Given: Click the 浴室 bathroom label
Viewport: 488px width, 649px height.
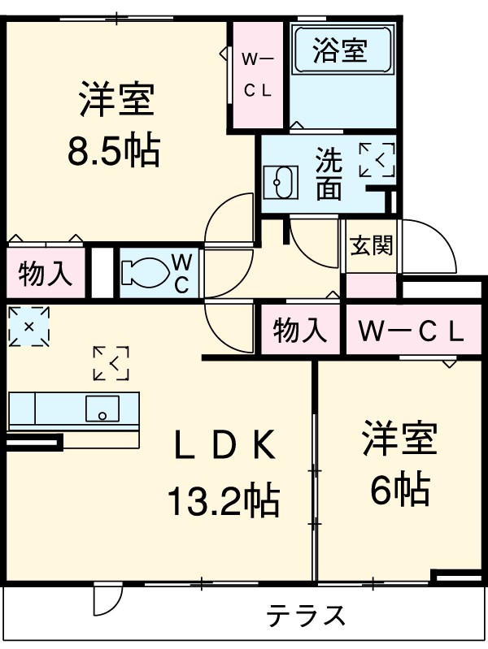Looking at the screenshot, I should point(341,50).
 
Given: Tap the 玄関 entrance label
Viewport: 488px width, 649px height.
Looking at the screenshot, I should point(370,245).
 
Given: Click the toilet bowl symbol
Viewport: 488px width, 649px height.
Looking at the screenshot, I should point(146,271).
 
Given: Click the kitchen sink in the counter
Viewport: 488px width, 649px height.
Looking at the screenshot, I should point(102,408).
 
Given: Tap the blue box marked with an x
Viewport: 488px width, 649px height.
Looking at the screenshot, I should point(28,326).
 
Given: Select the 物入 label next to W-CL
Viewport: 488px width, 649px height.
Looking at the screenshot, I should point(300,331).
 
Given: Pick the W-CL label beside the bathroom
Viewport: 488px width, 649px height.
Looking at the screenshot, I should point(258,74).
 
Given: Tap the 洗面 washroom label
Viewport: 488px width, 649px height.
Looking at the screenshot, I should point(328,173).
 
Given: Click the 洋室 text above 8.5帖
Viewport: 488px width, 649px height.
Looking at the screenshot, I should point(116,102).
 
